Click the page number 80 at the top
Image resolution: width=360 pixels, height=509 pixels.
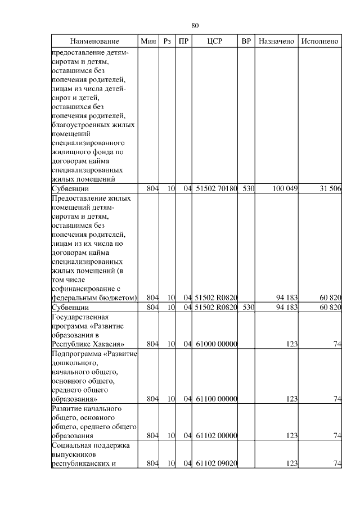click(x=195, y=26)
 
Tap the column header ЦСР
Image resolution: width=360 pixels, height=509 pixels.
click(x=215, y=42)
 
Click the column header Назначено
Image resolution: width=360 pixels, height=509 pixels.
click(x=276, y=42)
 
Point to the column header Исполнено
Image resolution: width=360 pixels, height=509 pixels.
click(x=319, y=42)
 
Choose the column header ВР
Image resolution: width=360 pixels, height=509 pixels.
click(x=246, y=42)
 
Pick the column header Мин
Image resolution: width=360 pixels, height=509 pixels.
click(x=148, y=42)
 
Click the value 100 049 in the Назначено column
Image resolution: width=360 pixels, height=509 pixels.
click(x=285, y=189)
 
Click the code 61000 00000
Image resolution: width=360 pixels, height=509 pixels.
click(x=216, y=344)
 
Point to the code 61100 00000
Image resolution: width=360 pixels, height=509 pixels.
click(x=216, y=399)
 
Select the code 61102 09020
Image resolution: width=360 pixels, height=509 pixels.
click(x=216, y=463)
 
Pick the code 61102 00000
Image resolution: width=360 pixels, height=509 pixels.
click(x=216, y=435)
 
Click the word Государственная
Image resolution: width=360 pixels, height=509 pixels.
click(x=79, y=317)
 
